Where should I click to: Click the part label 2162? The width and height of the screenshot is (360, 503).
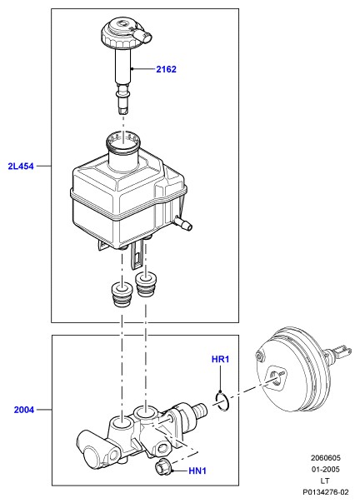click(166, 69)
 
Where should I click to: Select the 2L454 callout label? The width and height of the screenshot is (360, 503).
click(21, 167)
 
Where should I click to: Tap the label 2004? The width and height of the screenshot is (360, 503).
click(24, 410)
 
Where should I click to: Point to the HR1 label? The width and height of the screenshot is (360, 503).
click(220, 359)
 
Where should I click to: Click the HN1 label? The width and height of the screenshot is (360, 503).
click(197, 471)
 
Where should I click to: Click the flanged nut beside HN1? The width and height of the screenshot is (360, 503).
click(163, 466)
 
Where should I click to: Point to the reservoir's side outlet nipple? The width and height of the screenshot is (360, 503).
click(183, 222)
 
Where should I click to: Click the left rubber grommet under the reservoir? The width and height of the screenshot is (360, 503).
click(121, 294)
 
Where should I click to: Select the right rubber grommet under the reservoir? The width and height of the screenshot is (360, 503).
click(146, 284)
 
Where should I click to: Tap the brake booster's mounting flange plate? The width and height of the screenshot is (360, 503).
click(277, 378)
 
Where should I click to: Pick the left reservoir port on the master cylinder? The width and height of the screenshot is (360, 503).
click(122, 423)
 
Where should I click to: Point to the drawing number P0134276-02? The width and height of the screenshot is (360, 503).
click(325, 492)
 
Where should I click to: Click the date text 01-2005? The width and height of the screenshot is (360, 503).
click(325, 470)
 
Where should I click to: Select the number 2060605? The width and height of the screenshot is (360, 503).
click(325, 458)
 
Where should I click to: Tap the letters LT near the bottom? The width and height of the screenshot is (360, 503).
click(325, 481)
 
